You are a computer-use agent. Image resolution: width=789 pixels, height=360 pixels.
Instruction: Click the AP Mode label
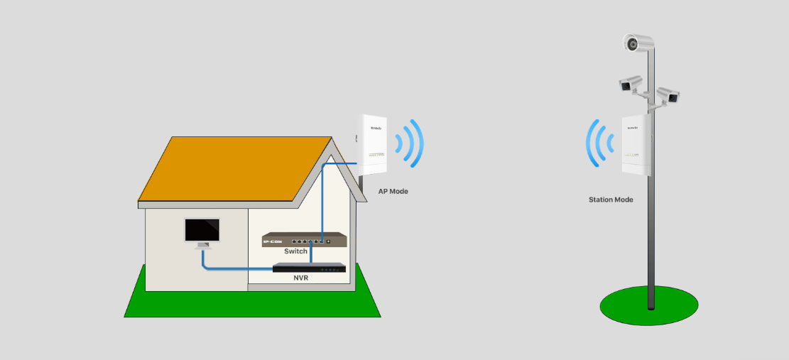click(x=393, y=192)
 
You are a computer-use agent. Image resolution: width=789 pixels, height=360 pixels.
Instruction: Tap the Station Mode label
click(x=611, y=200)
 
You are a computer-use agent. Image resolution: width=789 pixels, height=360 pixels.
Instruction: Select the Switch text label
click(x=295, y=251)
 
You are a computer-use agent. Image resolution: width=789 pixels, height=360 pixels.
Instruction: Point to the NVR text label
click(x=300, y=279)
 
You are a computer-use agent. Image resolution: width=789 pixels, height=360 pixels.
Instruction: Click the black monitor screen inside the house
click(x=202, y=229)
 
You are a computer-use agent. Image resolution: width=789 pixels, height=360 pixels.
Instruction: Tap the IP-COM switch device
click(x=305, y=239)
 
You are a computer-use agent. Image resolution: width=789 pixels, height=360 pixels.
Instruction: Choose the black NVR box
click(x=310, y=268)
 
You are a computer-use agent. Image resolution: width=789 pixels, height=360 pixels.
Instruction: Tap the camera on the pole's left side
click(x=629, y=84)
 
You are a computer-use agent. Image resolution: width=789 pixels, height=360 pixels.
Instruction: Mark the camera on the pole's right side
click(x=668, y=96)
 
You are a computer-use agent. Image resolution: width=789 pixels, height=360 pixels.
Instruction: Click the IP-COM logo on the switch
click(x=273, y=243)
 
